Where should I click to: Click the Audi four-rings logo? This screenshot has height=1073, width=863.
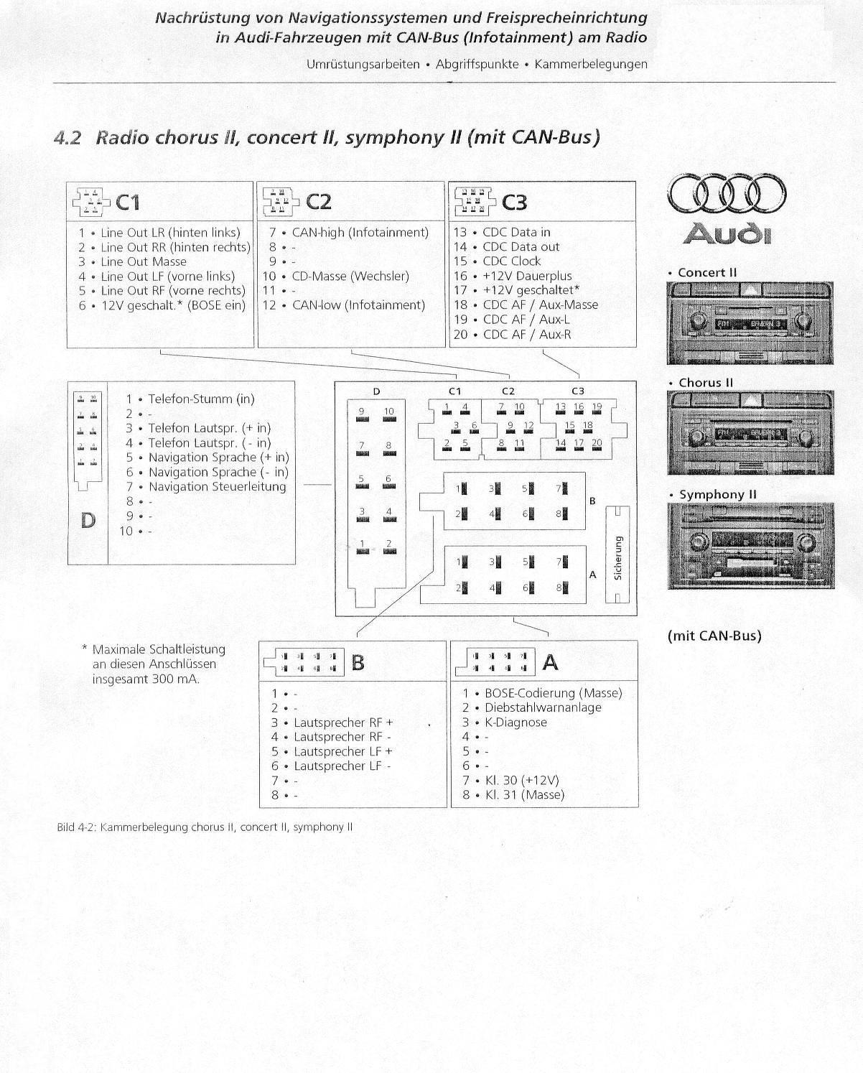727,194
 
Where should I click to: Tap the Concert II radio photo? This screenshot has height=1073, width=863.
750,323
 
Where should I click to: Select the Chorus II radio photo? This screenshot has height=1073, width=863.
750,432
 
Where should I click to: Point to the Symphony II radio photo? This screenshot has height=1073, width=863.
750,546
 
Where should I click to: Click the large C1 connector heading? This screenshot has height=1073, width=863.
128,203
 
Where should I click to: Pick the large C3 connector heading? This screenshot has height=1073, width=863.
514,203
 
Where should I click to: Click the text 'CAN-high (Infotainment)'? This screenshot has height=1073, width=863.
360,233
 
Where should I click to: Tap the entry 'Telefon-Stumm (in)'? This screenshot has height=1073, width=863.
201,399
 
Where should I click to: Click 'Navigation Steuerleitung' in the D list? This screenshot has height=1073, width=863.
217,487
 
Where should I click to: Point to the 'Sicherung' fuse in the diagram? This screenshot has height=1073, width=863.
617,554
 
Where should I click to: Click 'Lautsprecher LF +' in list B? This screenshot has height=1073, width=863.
343,751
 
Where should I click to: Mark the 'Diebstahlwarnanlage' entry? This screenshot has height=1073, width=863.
543,707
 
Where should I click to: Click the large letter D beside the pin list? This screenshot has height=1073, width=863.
88,520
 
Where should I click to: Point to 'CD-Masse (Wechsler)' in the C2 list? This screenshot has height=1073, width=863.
350,276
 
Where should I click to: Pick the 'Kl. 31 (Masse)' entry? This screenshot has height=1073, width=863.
524,795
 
